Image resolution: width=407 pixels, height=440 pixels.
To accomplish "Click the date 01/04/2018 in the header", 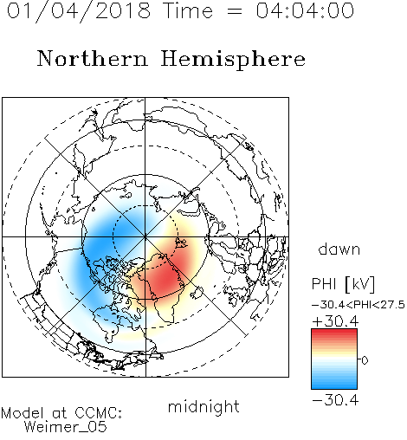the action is coord(79,11).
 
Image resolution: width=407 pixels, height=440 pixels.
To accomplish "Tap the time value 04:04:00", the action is coord(305,10).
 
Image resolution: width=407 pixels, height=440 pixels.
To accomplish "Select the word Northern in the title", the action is coord(93,59).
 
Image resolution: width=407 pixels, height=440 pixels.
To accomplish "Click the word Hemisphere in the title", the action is coord(233,60).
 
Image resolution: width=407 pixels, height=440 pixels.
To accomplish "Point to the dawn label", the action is coord(339,249).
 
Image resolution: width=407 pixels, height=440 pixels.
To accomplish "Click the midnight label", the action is coord(203,407).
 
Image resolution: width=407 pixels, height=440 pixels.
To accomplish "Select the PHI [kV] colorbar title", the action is coord(343,284).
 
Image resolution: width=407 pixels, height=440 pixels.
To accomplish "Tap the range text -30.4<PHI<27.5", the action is coord(359,305).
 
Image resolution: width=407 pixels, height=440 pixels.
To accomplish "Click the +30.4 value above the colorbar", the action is coord(335,321).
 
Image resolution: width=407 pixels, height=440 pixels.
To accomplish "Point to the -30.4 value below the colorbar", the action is coord(335,400).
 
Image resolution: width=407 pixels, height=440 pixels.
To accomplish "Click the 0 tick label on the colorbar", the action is coord(365,360).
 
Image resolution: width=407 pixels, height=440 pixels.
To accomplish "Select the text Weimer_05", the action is coord(66,427).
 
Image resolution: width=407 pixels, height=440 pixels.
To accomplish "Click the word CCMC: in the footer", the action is coord(98,413).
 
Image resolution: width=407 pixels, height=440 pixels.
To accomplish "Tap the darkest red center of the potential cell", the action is coord(165,278).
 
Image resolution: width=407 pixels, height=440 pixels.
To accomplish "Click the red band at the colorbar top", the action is coord(334,333).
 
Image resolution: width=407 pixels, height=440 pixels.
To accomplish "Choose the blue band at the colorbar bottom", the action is coord(334,385).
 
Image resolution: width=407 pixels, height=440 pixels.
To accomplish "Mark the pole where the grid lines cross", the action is coord(145,237).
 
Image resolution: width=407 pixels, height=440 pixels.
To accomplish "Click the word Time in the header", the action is coord(188,10).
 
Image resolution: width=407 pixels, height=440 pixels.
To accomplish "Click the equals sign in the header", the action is coord(235,11).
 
